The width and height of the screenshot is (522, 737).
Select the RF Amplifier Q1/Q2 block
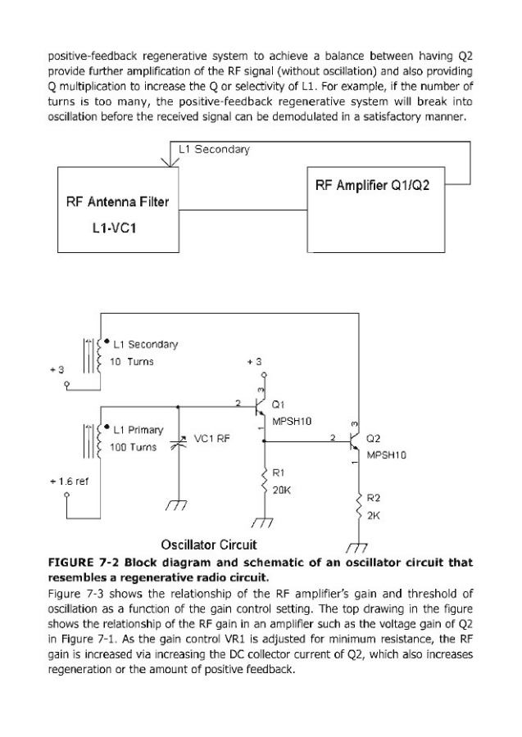[378, 186]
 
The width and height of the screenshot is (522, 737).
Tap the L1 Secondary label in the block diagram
[214, 150]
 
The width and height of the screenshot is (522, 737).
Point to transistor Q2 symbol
[352, 443]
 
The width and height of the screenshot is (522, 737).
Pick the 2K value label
[372, 515]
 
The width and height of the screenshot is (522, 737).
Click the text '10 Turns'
[132, 361]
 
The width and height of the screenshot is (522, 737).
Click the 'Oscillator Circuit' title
[209, 544]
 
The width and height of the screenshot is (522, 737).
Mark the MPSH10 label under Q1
[294, 420]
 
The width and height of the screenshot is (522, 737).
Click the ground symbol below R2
[356, 547]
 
